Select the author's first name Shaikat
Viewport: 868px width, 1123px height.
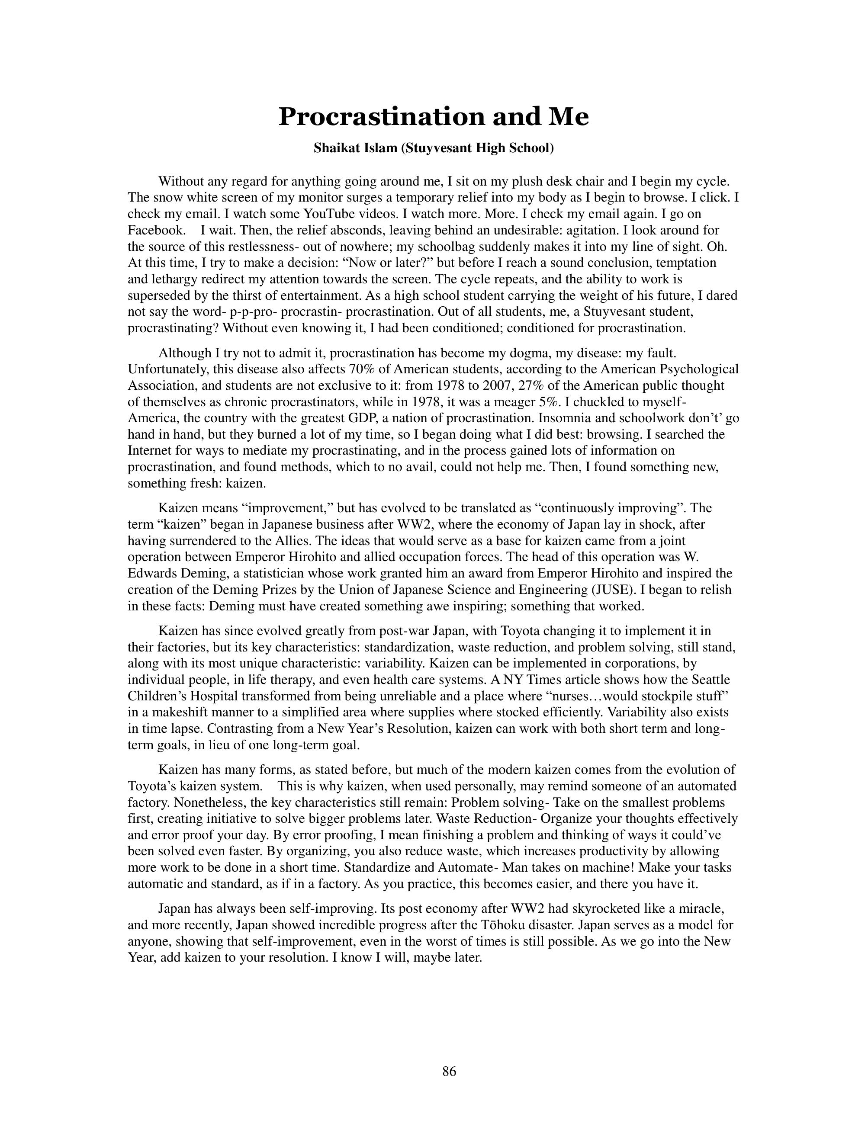[336, 149]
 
